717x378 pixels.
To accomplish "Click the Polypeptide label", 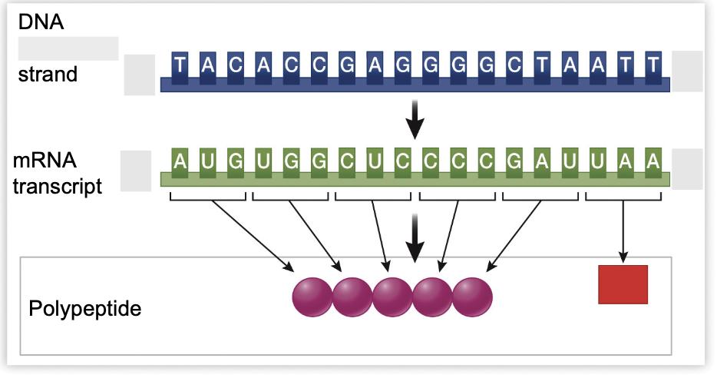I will click(85, 310).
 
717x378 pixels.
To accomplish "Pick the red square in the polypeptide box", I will click(623, 284).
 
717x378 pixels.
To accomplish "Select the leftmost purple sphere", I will click(312, 296).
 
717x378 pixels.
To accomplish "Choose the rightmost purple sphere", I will click(472, 296).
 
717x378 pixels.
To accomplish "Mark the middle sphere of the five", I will click(392, 296).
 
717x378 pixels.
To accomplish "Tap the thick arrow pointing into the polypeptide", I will click(415, 237).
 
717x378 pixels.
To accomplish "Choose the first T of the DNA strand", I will click(179, 65).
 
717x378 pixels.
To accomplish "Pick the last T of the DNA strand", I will click(653, 65).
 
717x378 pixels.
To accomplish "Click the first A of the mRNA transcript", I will click(179, 162).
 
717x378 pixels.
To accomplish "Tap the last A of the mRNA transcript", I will click(653, 162).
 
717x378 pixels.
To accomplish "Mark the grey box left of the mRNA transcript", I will click(136, 169).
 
